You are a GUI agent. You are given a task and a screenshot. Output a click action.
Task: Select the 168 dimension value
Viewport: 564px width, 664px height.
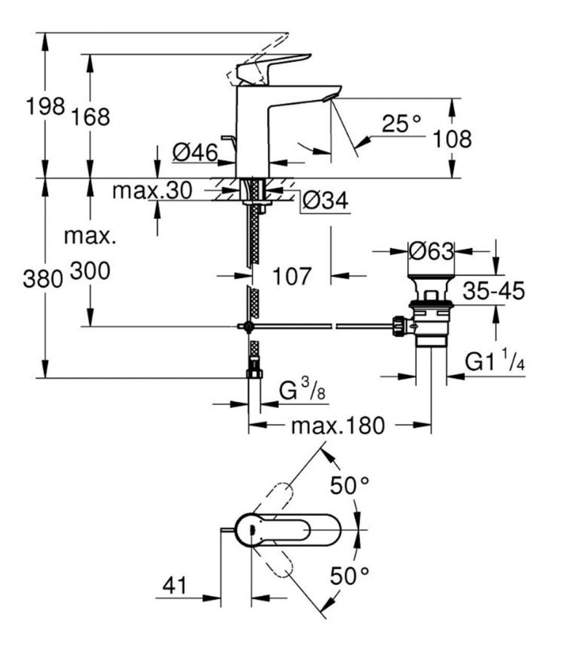91,117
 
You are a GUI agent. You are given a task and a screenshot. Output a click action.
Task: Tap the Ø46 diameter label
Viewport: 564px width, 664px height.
195,152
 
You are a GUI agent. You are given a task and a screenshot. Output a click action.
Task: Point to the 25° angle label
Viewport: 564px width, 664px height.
401,123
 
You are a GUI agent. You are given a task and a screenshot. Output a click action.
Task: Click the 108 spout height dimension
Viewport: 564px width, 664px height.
452,139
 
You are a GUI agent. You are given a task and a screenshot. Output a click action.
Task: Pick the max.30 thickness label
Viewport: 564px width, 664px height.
152,191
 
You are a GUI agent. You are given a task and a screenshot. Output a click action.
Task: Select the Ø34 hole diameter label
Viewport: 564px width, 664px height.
325,201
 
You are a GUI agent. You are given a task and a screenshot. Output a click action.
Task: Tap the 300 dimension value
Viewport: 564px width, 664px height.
90,270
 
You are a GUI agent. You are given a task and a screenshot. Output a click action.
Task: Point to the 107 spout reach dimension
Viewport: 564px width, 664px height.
292,276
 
